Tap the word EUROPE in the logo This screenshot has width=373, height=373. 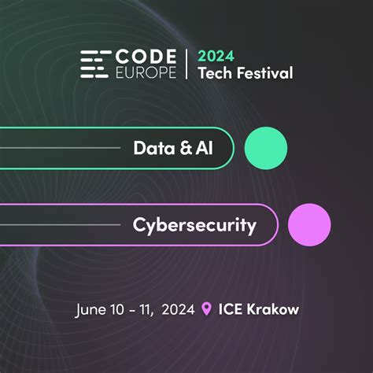pos(146,72)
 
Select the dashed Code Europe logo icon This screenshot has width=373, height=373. pos(95,65)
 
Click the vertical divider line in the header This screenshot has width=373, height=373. pos(186,65)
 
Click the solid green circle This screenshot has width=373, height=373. pos(266,147)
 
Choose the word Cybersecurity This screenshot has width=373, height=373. pos(194,226)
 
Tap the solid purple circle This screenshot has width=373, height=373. pos(308,226)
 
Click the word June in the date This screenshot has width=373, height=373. pos(90,309)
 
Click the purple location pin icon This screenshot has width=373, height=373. pos(207,309)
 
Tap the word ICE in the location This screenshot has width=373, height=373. pos(230,309)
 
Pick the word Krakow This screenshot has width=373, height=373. pos(272,309)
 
